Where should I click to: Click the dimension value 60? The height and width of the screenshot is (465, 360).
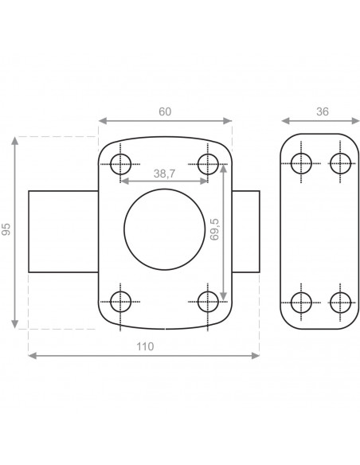click(x=165, y=111)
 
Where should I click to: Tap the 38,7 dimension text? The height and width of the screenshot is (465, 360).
click(x=164, y=172)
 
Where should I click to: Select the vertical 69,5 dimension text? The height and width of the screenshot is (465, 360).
click(x=214, y=232)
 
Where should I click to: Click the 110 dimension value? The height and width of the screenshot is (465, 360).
click(x=144, y=346)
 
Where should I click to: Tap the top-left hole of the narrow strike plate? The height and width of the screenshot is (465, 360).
click(x=301, y=164)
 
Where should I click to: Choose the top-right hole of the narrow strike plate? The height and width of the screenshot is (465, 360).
click(x=340, y=164)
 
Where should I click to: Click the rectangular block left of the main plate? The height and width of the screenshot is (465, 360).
click(x=63, y=231)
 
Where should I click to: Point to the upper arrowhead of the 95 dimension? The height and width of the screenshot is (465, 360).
click(x=16, y=141)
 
